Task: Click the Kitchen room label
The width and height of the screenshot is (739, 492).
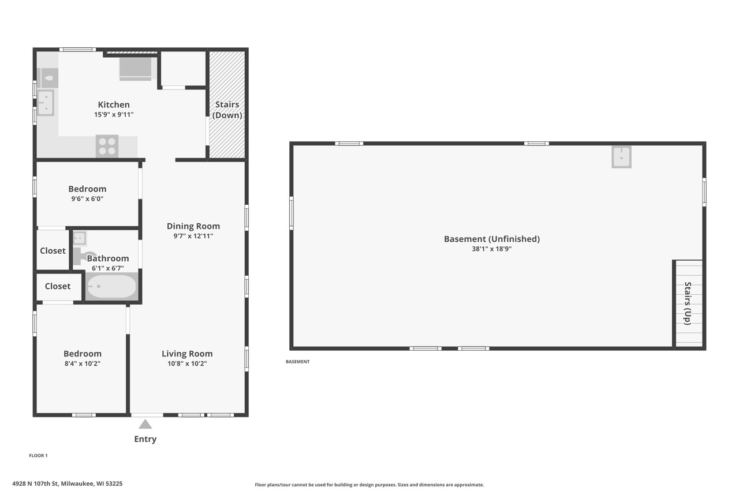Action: pyautogui.click(x=114, y=104)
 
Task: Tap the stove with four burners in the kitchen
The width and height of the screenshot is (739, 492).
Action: pyautogui.click(x=107, y=145)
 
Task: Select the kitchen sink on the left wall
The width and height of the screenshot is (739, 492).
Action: pyautogui.click(x=46, y=103)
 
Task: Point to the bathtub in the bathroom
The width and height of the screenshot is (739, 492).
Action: pyautogui.click(x=111, y=286)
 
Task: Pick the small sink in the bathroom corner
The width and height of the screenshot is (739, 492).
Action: pyautogui.click(x=80, y=238)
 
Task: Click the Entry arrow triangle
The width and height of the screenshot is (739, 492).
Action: pyautogui.click(x=145, y=424)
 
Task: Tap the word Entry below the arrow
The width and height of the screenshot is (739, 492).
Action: pyautogui.click(x=145, y=439)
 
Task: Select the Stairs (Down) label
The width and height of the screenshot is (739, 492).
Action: pyautogui.click(x=227, y=110)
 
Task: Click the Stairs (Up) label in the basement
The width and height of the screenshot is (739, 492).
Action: pyautogui.click(x=688, y=303)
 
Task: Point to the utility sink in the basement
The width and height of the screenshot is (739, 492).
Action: pyautogui.click(x=621, y=156)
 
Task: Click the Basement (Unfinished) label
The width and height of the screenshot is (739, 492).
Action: pyautogui.click(x=491, y=239)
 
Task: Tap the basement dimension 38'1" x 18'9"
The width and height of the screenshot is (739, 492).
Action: pyautogui.click(x=491, y=249)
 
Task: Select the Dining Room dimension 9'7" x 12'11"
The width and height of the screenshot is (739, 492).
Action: pyautogui.click(x=193, y=236)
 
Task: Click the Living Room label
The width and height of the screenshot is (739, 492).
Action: pyautogui.click(x=187, y=354)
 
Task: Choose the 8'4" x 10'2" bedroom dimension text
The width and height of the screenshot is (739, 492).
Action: pyautogui.click(x=82, y=363)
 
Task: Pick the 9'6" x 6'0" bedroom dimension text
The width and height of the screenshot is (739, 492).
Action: pyautogui.click(x=87, y=198)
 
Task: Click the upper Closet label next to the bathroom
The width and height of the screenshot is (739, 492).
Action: pyautogui.click(x=53, y=250)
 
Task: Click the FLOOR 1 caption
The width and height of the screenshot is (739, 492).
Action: pyautogui.click(x=38, y=456)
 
